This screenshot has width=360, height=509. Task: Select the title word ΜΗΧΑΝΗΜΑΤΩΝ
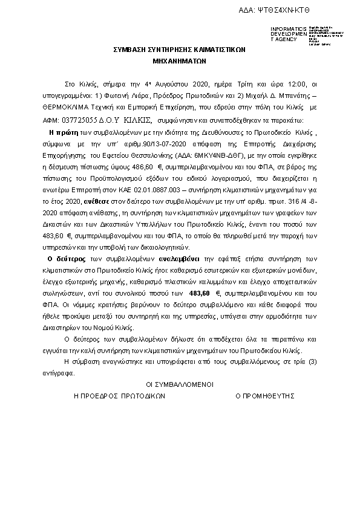tap(180, 62)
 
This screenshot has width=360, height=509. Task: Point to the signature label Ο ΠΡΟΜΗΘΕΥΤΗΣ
tap(265, 396)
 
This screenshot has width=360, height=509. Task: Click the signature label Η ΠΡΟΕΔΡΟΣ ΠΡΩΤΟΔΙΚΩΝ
tap(119, 396)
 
